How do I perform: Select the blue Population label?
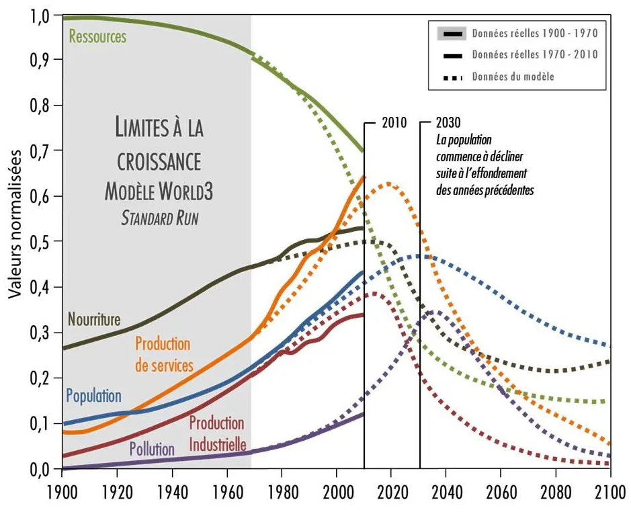pyautogui.click(x=93, y=396)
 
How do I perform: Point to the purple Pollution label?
pyautogui.click(x=152, y=448)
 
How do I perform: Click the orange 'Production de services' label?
pyautogui.click(x=163, y=355)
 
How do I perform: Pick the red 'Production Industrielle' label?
pyautogui.click(x=217, y=433)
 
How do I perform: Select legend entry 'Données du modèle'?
pyautogui.click(x=513, y=77)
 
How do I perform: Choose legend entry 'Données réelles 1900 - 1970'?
pyautogui.click(x=534, y=32)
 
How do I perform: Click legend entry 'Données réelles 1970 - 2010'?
pyautogui.click(x=534, y=54)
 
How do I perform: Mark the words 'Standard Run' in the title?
pyautogui.click(x=159, y=218)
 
